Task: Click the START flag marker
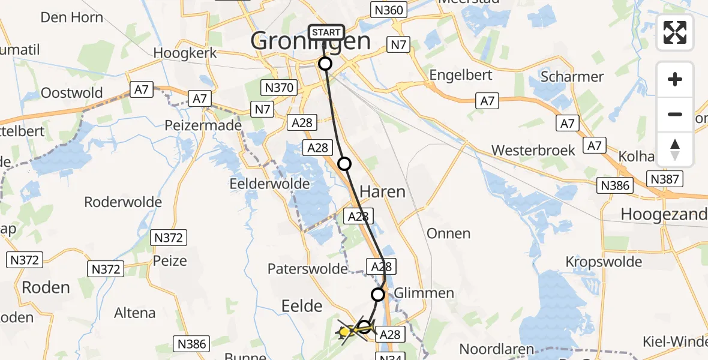click(x=326, y=32)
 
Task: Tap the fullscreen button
click(x=675, y=32)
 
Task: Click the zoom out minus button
click(x=675, y=114)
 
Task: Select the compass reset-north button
click(x=675, y=149)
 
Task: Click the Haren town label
click(x=382, y=192)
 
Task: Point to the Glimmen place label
click(x=424, y=293)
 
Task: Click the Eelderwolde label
click(x=269, y=184)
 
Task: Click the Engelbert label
click(x=461, y=75)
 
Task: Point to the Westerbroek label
click(x=533, y=150)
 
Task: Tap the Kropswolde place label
click(x=604, y=262)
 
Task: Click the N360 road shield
click(x=389, y=10)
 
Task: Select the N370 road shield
click(x=280, y=88)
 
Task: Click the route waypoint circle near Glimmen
click(x=378, y=294)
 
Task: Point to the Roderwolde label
click(x=123, y=202)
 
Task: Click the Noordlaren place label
click(x=496, y=349)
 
